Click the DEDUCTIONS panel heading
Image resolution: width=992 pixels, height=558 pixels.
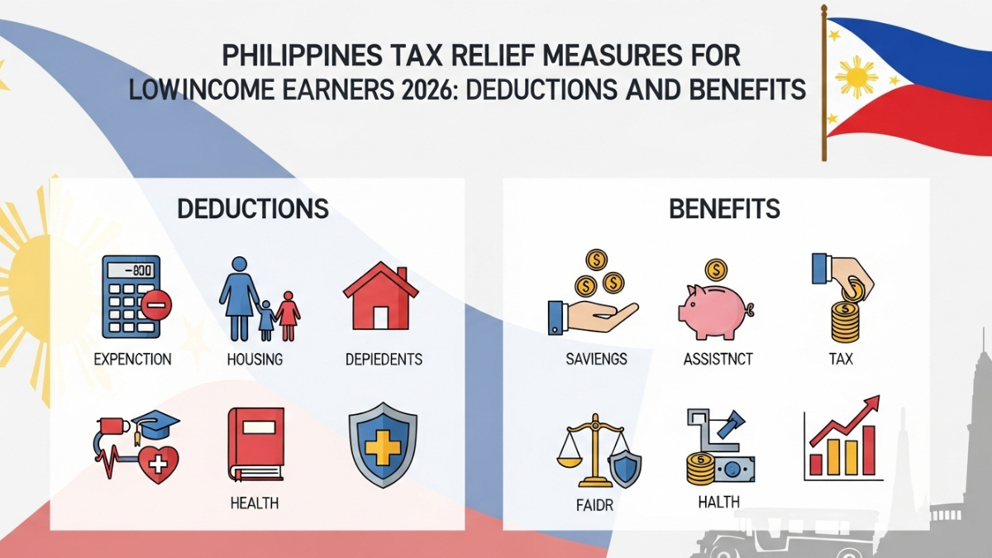[x=253, y=208]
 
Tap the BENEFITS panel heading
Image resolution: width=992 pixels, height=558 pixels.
[x=724, y=208]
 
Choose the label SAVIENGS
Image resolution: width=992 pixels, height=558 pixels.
[x=596, y=360]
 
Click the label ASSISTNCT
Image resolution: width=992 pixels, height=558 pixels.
[x=717, y=360]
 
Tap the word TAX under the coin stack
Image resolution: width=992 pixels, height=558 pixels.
[x=840, y=360]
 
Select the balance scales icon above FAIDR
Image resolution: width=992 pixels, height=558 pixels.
[x=596, y=451]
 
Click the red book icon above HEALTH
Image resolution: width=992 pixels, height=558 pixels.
[x=255, y=444]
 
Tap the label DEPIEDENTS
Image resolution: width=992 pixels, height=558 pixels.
[x=384, y=360]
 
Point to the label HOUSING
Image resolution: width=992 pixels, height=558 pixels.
[x=255, y=360]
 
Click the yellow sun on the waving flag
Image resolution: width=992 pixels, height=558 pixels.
[x=856, y=77]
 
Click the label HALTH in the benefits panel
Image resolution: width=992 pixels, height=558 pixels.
[x=718, y=502]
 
